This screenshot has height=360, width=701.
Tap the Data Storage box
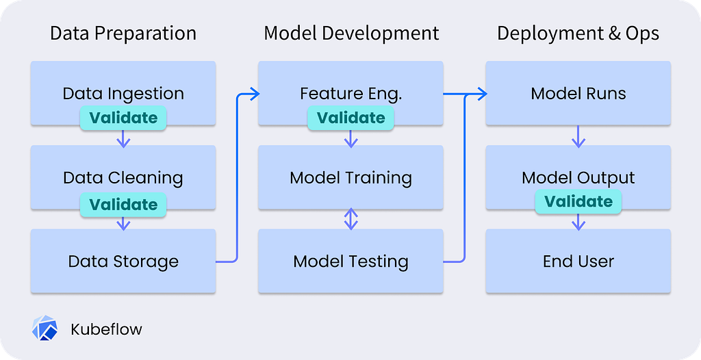tap(123, 261)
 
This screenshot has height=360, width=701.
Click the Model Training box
tap(350, 177)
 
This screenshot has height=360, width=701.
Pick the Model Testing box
tap(350, 261)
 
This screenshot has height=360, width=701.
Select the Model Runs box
tap(578, 93)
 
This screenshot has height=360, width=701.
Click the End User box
tap(578, 261)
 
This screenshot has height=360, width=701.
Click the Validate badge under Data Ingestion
tap(123, 118)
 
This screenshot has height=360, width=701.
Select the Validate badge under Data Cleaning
tap(123, 205)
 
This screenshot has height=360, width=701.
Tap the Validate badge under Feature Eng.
tap(350, 118)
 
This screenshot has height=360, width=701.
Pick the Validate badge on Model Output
tap(578, 202)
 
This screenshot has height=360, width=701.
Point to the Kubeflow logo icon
tap(44, 329)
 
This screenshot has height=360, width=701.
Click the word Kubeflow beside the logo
tap(106, 330)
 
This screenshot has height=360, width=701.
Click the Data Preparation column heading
tap(123, 34)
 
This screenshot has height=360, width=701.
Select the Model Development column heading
tap(351, 34)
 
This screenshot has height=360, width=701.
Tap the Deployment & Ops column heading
tap(578, 34)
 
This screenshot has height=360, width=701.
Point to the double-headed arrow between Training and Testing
tap(351, 219)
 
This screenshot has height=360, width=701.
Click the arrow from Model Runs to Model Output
tap(578, 136)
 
